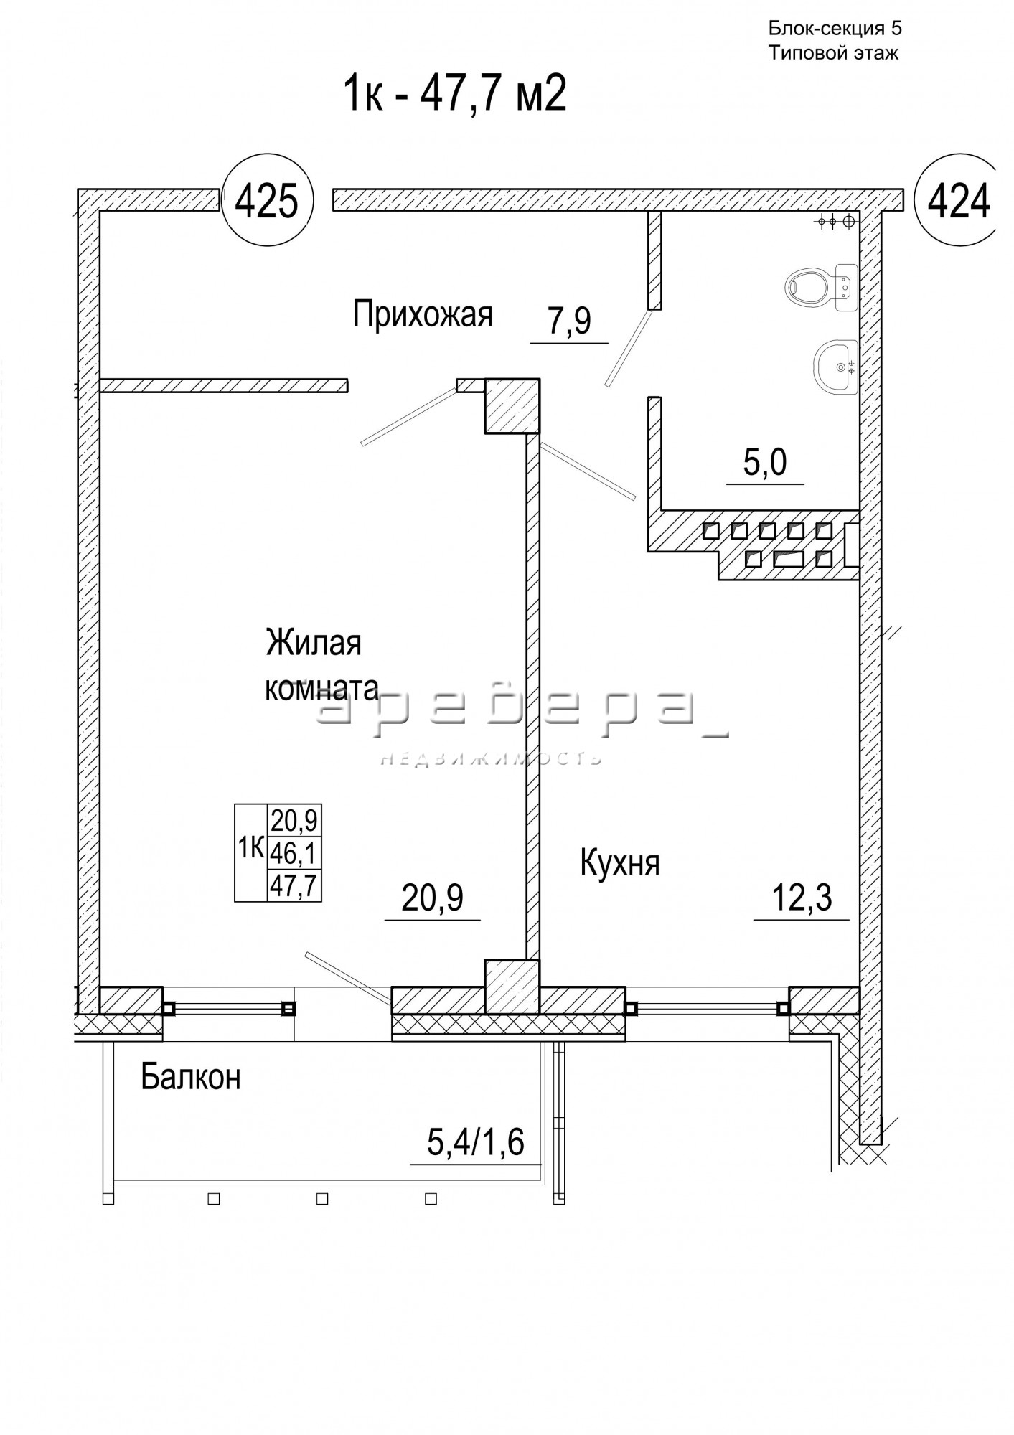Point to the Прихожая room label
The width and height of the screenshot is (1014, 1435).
423,314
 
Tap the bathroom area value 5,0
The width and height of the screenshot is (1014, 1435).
765,463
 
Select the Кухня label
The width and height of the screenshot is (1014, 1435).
620,863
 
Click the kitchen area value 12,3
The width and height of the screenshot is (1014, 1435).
802,898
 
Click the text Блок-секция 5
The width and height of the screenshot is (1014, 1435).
835,29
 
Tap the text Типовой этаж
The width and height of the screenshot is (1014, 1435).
834,53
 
